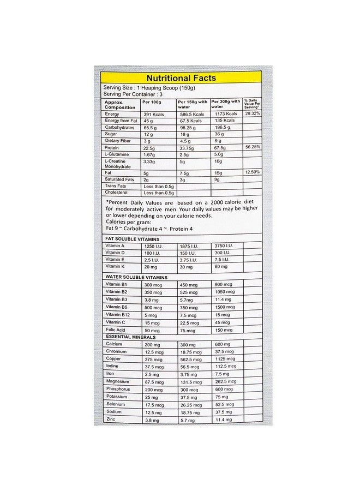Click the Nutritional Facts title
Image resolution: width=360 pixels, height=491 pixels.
[181, 78]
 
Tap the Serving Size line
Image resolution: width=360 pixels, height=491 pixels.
[149, 88]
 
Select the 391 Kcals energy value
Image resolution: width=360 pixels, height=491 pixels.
[154, 114]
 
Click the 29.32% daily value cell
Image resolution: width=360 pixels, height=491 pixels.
[252, 113]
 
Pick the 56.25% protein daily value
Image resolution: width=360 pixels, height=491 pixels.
[252, 147]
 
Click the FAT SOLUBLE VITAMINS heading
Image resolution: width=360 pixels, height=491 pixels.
[132, 239]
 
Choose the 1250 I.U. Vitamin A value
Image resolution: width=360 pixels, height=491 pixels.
[155, 247]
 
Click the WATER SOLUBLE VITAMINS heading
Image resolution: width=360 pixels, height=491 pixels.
[136, 277]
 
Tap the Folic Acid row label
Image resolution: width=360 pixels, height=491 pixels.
[116, 330]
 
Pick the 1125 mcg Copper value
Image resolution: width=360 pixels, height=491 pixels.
[225, 359]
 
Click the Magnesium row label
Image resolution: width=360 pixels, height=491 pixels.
[118, 381]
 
